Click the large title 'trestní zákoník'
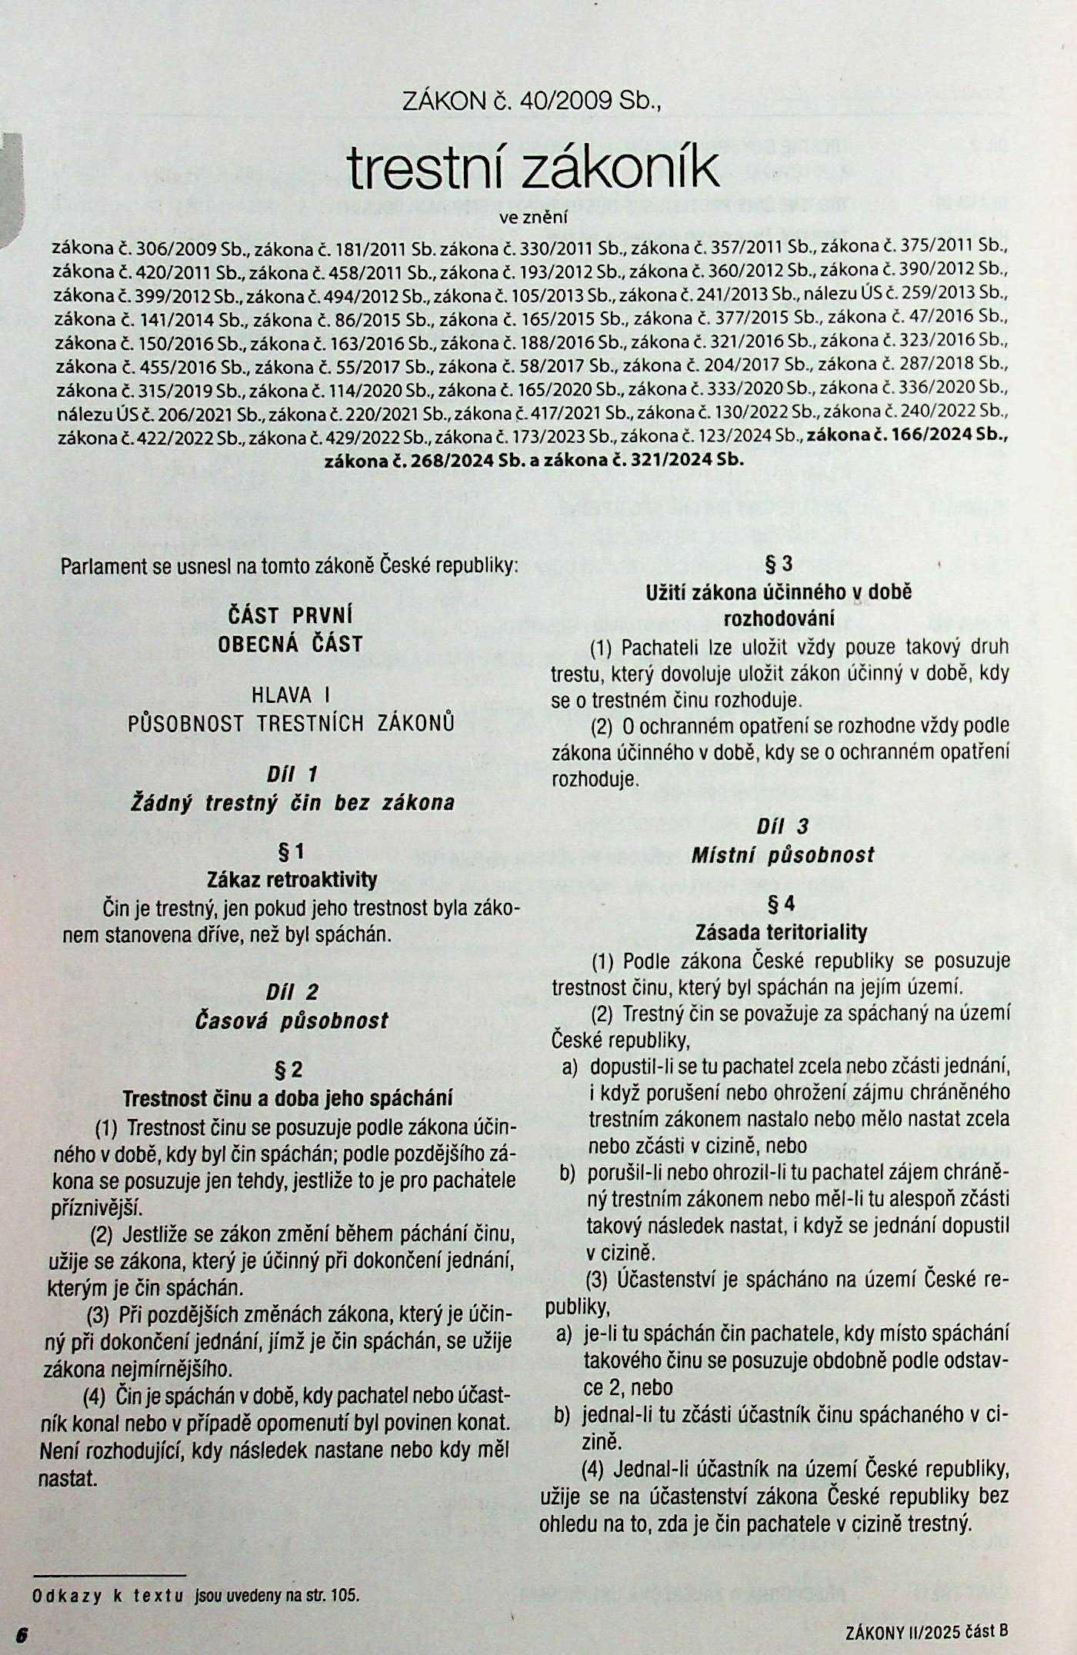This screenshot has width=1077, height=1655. (533, 168)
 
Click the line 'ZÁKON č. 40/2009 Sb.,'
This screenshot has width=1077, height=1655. (532, 101)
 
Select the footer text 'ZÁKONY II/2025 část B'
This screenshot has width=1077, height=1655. (925, 1630)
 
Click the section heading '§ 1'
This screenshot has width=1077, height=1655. (291, 851)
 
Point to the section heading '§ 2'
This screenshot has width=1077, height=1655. (289, 1069)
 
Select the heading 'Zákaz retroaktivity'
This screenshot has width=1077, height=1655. (292, 879)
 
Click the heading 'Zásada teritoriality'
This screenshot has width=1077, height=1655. (781, 932)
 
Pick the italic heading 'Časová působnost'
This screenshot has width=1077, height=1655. (292, 1021)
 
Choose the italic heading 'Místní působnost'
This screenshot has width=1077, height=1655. (782, 854)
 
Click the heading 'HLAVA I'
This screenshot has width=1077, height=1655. (291, 695)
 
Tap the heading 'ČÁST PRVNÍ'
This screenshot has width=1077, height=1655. (291, 615)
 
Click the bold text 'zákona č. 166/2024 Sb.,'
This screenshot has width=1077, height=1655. (906, 435)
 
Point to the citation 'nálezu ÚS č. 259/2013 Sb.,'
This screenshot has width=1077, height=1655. (905, 293)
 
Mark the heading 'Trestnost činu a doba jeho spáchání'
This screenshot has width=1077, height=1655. (288, 1097)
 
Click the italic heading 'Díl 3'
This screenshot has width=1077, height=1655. (782, 826)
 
